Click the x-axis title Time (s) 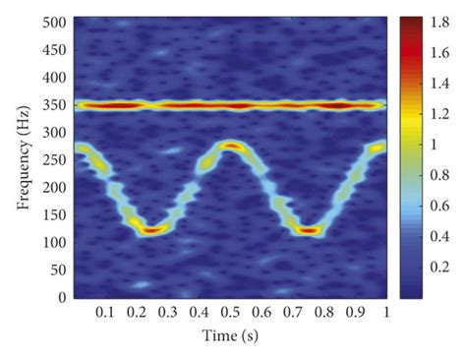tap(230, 336)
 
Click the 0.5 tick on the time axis tap(230, 312)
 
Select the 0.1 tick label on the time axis tap(105, 312)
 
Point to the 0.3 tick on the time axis tap(168, 312)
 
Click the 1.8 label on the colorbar tap(440, 19)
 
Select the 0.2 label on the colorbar tap(440, 266)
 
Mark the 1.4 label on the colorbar tap(440, 81)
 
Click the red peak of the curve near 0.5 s tap(231, 146)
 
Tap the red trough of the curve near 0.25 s tap(150, 230)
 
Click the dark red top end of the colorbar tap(411, 21)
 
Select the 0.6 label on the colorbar tap(440, 204)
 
